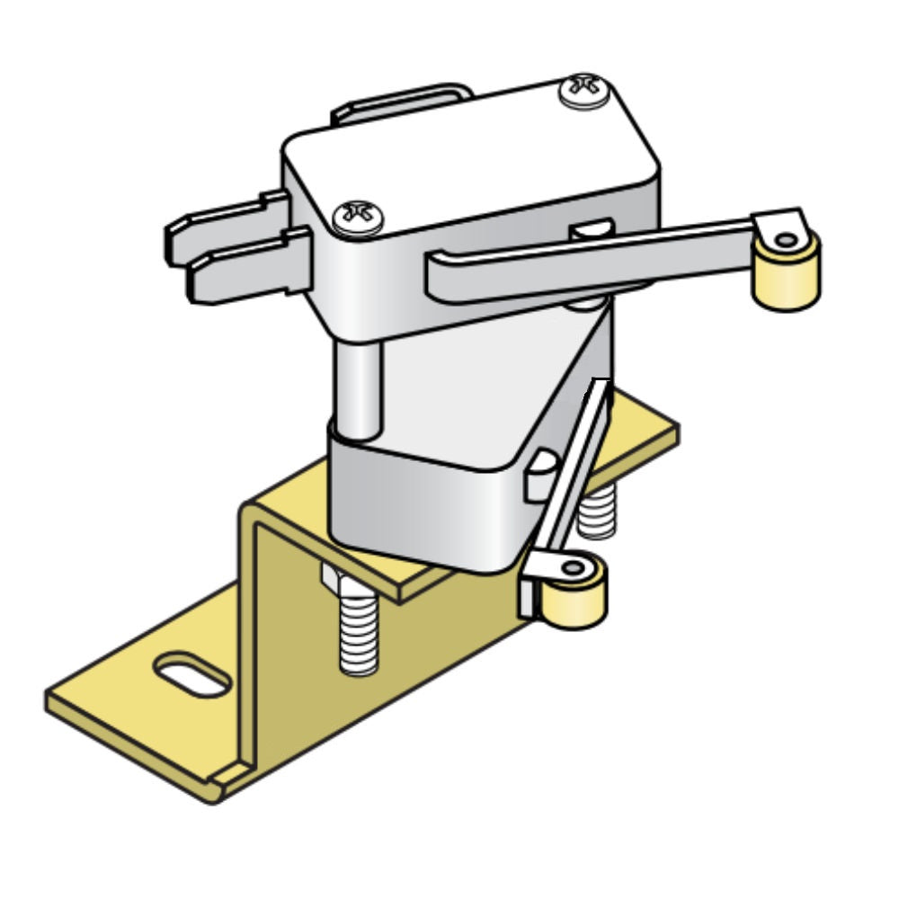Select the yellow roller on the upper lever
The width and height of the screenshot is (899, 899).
788,279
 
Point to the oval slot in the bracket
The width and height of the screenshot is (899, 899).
191,675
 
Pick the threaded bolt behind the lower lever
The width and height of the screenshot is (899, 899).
596,512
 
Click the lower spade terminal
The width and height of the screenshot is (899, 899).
243,274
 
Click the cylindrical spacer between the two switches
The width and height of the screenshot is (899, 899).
359,387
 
